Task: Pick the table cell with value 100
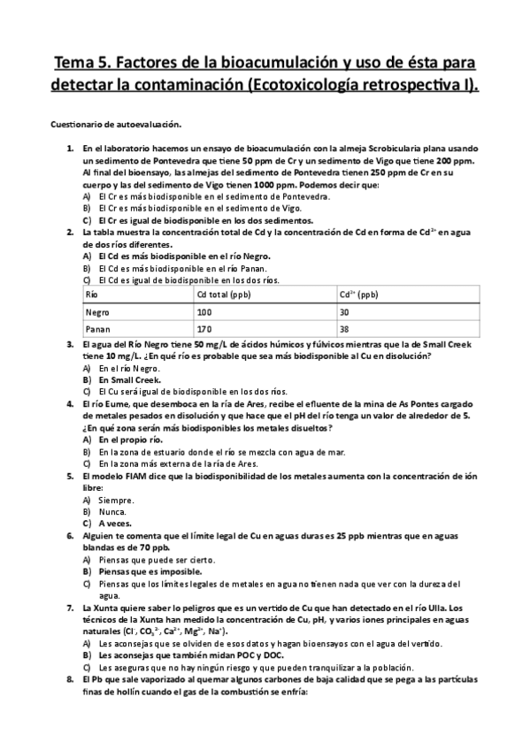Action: [x=205, y=312]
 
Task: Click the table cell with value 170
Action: [x=205, y=330]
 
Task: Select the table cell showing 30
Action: [x=346, y=312]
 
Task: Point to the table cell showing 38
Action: [x=346, y=330]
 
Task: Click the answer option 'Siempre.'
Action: [x=117, y=500]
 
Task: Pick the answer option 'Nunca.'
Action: [x=113, y=511]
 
